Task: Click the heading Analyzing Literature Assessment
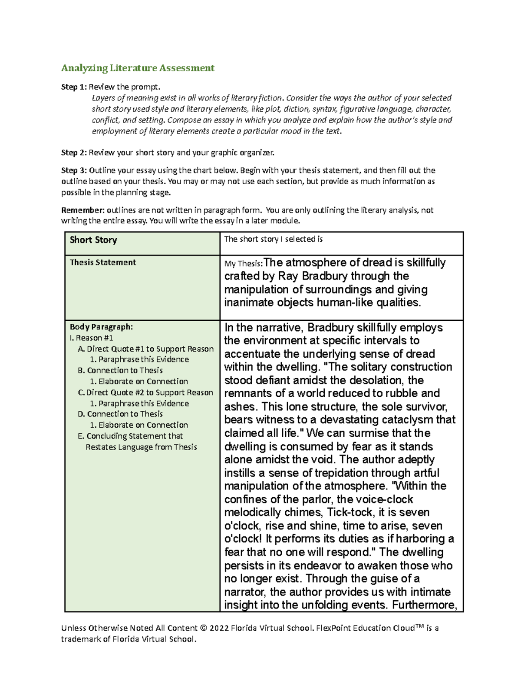[x=138, y=68]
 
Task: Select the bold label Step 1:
[x=74, y=87]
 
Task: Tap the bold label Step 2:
[x=74, y=153]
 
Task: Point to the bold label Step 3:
[x=74, y=170]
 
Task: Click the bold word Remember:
[x=82, y=210]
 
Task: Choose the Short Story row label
[x=93, y=240]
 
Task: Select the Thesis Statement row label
[x=103, y=263]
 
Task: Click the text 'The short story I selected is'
[x=273, y=239]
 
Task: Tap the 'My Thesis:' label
[x=244, y=264]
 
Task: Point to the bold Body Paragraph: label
[x=101, y=327]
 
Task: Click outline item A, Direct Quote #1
[x=145, y=349]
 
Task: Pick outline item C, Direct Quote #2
[x=145, y=392]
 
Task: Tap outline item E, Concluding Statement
[x=130, y=436]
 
